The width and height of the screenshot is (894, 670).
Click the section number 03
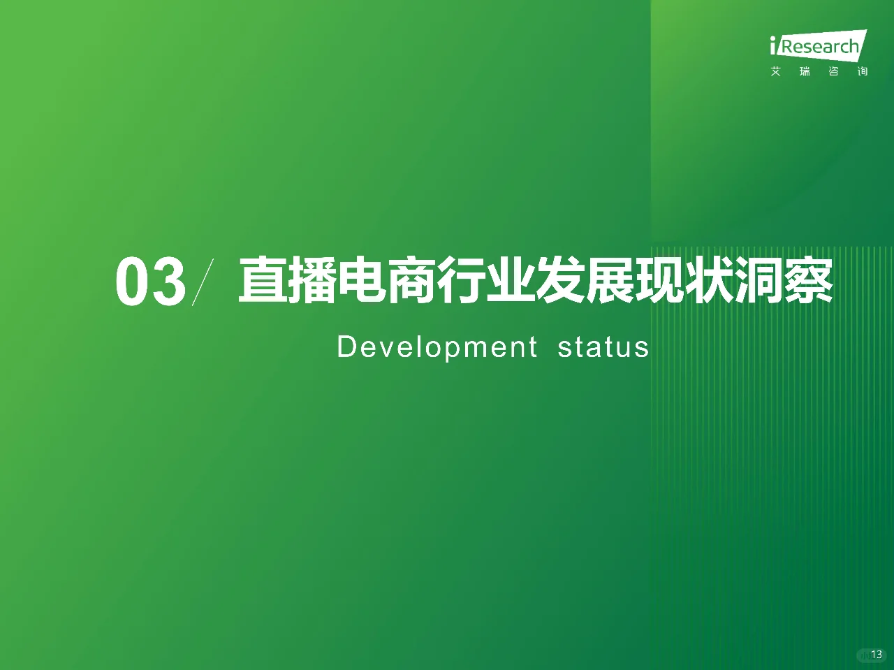(x=151, y=282)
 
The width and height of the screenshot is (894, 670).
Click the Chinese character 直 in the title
(x=263, y=281)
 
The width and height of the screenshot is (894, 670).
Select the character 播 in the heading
(x=313, y=281)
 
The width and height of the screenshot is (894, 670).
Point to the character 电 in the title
(x=362, y=281)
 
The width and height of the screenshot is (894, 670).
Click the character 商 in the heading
(x=412, y=281)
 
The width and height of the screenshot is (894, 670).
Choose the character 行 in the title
(x=462, y=281)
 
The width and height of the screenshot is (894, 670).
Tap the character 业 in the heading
(x=511, y=281)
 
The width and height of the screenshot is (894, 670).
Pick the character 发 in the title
(x=561, y=281)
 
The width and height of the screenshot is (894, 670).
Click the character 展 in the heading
(x=610, y=281)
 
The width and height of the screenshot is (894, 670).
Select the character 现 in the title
(x=660, y=281)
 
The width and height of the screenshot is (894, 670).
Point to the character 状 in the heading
(x=710, y=281)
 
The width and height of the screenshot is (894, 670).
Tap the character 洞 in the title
(x=759, y=281)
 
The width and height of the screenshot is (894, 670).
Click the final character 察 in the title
(x=809, y=281)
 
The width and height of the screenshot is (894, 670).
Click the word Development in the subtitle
(x=437, y=347)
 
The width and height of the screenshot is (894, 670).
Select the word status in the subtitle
(x=603, y=347)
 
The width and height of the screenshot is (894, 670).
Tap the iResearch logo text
(x=817, y=47)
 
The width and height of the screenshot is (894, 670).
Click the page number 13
(x=877, y=655)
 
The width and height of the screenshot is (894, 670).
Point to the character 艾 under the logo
(x=776, y=71)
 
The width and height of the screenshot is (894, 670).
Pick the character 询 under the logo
(x=863, y=71)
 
